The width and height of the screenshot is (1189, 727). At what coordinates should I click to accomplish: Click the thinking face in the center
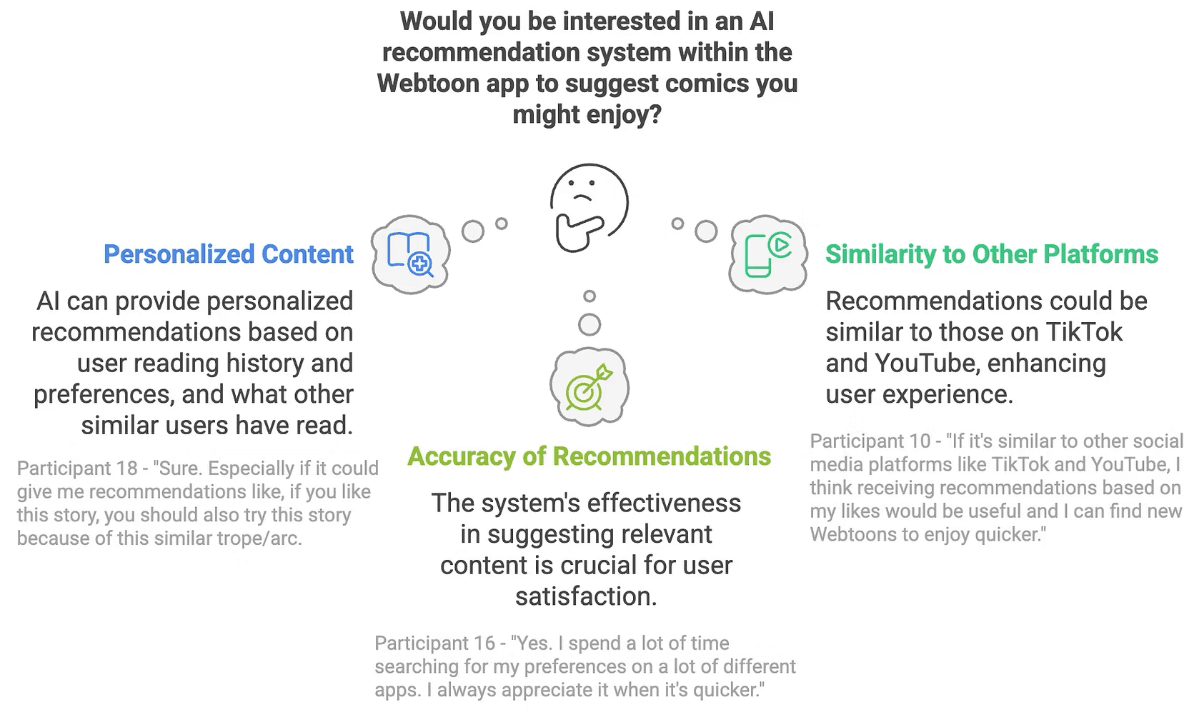[x=589, y=208]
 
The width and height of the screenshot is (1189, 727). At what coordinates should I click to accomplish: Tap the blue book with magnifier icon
[x=409, y=255]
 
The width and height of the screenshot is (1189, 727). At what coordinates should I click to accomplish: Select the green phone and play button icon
[x=768, y=255]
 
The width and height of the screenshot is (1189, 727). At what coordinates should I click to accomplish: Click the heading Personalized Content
[x=228, y=254]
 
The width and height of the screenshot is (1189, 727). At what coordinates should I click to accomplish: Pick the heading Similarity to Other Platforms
[x=992, y=254]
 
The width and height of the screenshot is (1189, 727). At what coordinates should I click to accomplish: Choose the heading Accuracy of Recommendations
[x=589, y=456]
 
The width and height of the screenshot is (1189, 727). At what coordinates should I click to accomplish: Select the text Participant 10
[x=870, y=441]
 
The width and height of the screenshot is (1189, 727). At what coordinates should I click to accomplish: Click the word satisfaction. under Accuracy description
[x=587, y=596]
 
